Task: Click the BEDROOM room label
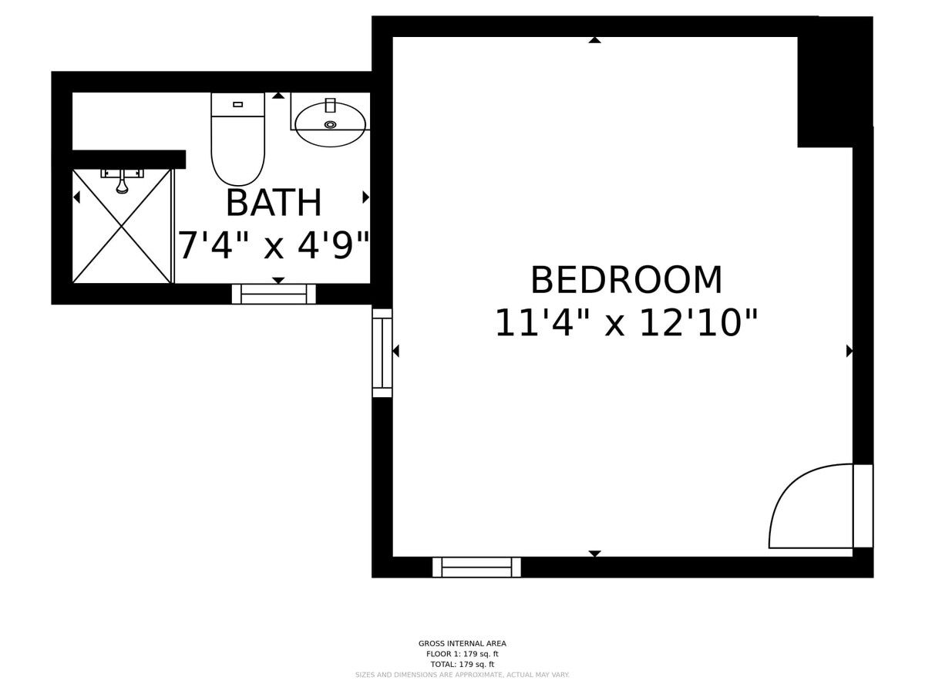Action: pos(626,280)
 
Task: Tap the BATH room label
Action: pos(274,203)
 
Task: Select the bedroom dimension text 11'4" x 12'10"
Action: pos(626,323)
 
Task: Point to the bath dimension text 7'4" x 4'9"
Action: pos(274,245)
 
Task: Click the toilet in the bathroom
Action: pos(237,139)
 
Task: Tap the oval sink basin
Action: pos(331,125)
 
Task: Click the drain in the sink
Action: pos(331,124)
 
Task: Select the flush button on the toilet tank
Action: pos(237,105)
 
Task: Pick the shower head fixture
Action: pos(122,181)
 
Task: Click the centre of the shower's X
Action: pos(122,227)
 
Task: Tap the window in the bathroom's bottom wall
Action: pos(274,294)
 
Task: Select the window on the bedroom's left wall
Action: pos(382,352)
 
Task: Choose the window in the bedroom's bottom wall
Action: pos(476,568)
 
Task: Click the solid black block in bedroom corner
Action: pos(835,83)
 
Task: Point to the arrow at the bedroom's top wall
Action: pos(594,40)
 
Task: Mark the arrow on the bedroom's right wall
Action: pos(849,351)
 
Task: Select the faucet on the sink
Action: pos(331,106)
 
